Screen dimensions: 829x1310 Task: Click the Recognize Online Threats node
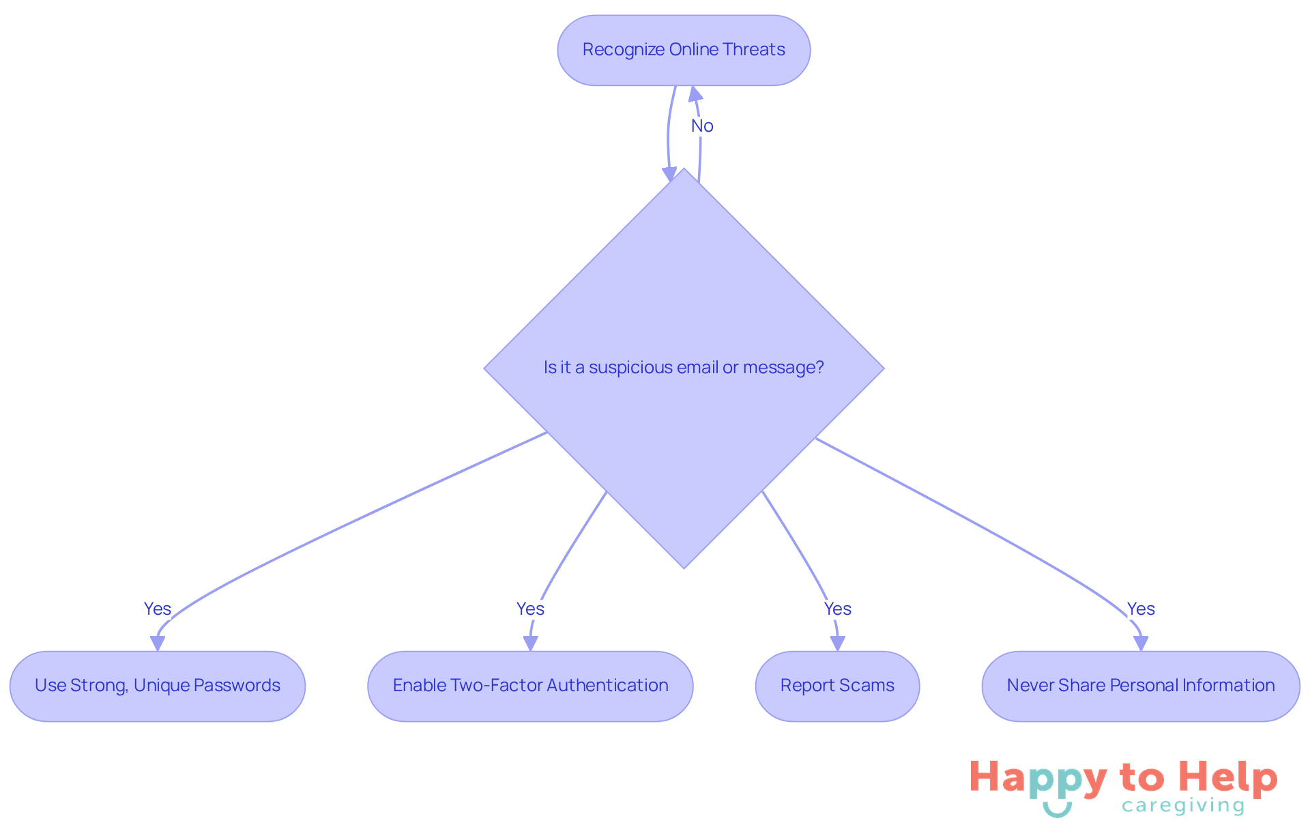(x=684, y=50)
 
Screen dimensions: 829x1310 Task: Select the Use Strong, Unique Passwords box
(x=158, y=686)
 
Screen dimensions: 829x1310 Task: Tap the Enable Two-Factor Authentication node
(x=530, y=686)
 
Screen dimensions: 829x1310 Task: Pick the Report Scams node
(x=837, y=686)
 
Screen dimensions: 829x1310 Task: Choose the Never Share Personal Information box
(x=1141, y=686)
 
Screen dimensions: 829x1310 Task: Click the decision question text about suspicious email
(x=684, y=368)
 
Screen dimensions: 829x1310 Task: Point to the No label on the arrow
(x=702, y=126)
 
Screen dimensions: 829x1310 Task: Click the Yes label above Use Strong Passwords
(x=158, y=609)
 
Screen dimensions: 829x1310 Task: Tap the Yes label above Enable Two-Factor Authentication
(x=530, y=609)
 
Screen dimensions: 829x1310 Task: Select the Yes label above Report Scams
(x=837, y=609)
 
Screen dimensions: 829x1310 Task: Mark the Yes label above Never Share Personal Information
(x=1141, y=609)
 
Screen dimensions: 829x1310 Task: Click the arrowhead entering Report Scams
(x=837, y=643)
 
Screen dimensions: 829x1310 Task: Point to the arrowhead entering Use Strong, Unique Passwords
(x=158, y=643)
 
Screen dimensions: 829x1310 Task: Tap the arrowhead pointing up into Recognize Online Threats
(x=695, y=94)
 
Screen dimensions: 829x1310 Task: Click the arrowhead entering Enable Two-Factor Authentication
(x=530, y=643)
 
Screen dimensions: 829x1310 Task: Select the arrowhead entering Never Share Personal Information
(x=1141, y=643)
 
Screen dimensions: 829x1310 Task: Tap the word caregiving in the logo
(x=1183, y=806)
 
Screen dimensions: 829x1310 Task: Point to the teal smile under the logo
(x=1057, y=809)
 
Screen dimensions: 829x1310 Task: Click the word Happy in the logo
(x=1038, y=778)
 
